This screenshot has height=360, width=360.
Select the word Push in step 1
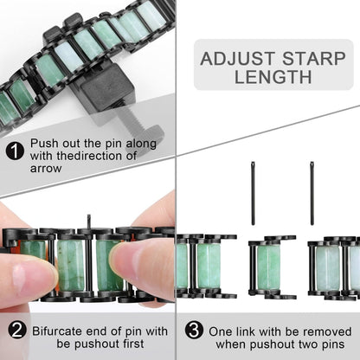coord(44,143)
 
